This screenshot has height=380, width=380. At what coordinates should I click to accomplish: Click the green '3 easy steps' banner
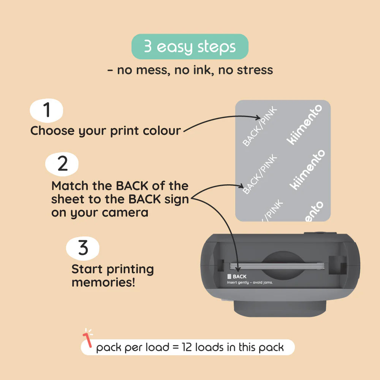coord(190,47)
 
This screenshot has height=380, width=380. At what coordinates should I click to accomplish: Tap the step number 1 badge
coord(46,110)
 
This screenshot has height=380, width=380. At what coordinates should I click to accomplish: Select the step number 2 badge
coord(62,164)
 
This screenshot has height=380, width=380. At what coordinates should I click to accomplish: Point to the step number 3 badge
coord(83,248)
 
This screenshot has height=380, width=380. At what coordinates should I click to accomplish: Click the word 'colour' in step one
coord(162,131)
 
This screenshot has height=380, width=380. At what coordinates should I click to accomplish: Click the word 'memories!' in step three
coord(103,282)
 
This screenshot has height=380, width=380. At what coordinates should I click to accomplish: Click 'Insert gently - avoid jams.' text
coord(250,282)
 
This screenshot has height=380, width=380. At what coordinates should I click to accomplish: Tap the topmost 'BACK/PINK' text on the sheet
coord(260,127)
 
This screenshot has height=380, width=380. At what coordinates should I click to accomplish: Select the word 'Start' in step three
coord(87,269)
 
